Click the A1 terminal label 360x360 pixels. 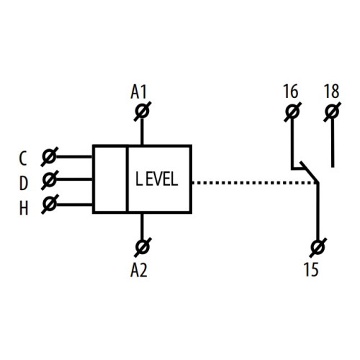(x=138, y=92)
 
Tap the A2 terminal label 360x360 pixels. (x=138, y=270)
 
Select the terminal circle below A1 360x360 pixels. (x=142, y=112)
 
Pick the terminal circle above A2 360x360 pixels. (x=142, y=247)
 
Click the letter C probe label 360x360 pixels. (x=22, y=158)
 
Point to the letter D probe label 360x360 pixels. (x=23, y=184)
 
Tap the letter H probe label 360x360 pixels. (x=24, y=208)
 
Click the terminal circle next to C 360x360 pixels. (x=49, y=156)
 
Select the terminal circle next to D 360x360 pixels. (x=50, y=179)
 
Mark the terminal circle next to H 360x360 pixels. (x=50, y=204)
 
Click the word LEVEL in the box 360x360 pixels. (x=157, y=179)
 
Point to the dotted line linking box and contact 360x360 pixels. (x=254, y=183)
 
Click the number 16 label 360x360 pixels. (x=291, y=91)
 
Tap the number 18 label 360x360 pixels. (x=332, y=91)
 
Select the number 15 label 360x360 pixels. (x=311, y=269)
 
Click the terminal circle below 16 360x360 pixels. (x=292, y=112)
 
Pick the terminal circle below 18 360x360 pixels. (x=333, y=112)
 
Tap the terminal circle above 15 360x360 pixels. (x=318, y=247)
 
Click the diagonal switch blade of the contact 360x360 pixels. (x=309, y=173)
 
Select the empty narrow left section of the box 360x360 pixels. (x=110, y=179)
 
